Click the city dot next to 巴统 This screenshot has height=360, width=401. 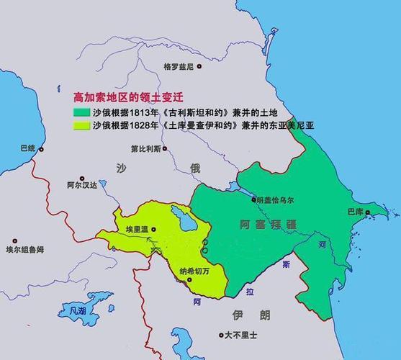click(x=41, y=149)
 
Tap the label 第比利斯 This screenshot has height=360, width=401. click(x=146, y=149)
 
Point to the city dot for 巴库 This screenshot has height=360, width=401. click(x=367, y=212)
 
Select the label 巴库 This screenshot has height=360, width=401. click(x=354, y=212)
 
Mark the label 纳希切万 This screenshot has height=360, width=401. click(x=194, y=271)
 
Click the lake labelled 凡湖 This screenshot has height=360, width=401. click(x=73, y=312)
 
